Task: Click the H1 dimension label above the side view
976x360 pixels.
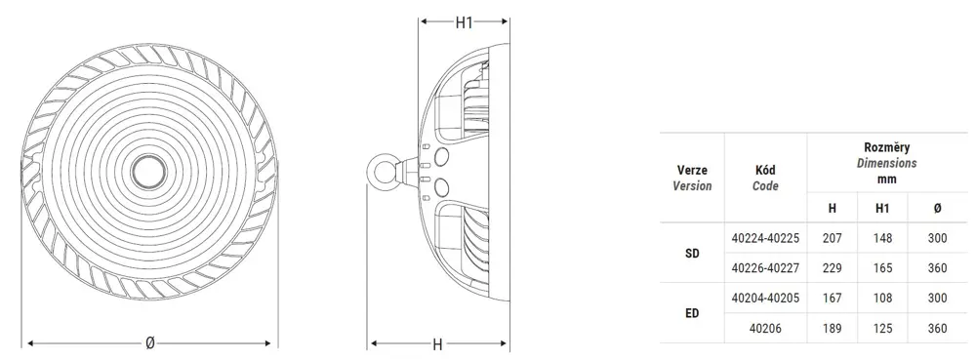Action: click(465, 22)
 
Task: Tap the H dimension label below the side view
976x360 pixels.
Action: click(437, 343)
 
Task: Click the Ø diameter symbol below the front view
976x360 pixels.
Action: click(149, 343)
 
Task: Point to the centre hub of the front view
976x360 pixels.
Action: click(148, 171)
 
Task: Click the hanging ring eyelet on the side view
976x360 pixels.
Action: click(379, 169)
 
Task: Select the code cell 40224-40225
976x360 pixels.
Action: click(765, 238)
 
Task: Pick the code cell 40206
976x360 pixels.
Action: click(765, 328)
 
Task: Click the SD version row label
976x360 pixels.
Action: click(692, 253)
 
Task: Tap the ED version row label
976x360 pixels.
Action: click(692, 313)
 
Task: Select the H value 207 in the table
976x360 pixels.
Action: click(833, 238)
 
